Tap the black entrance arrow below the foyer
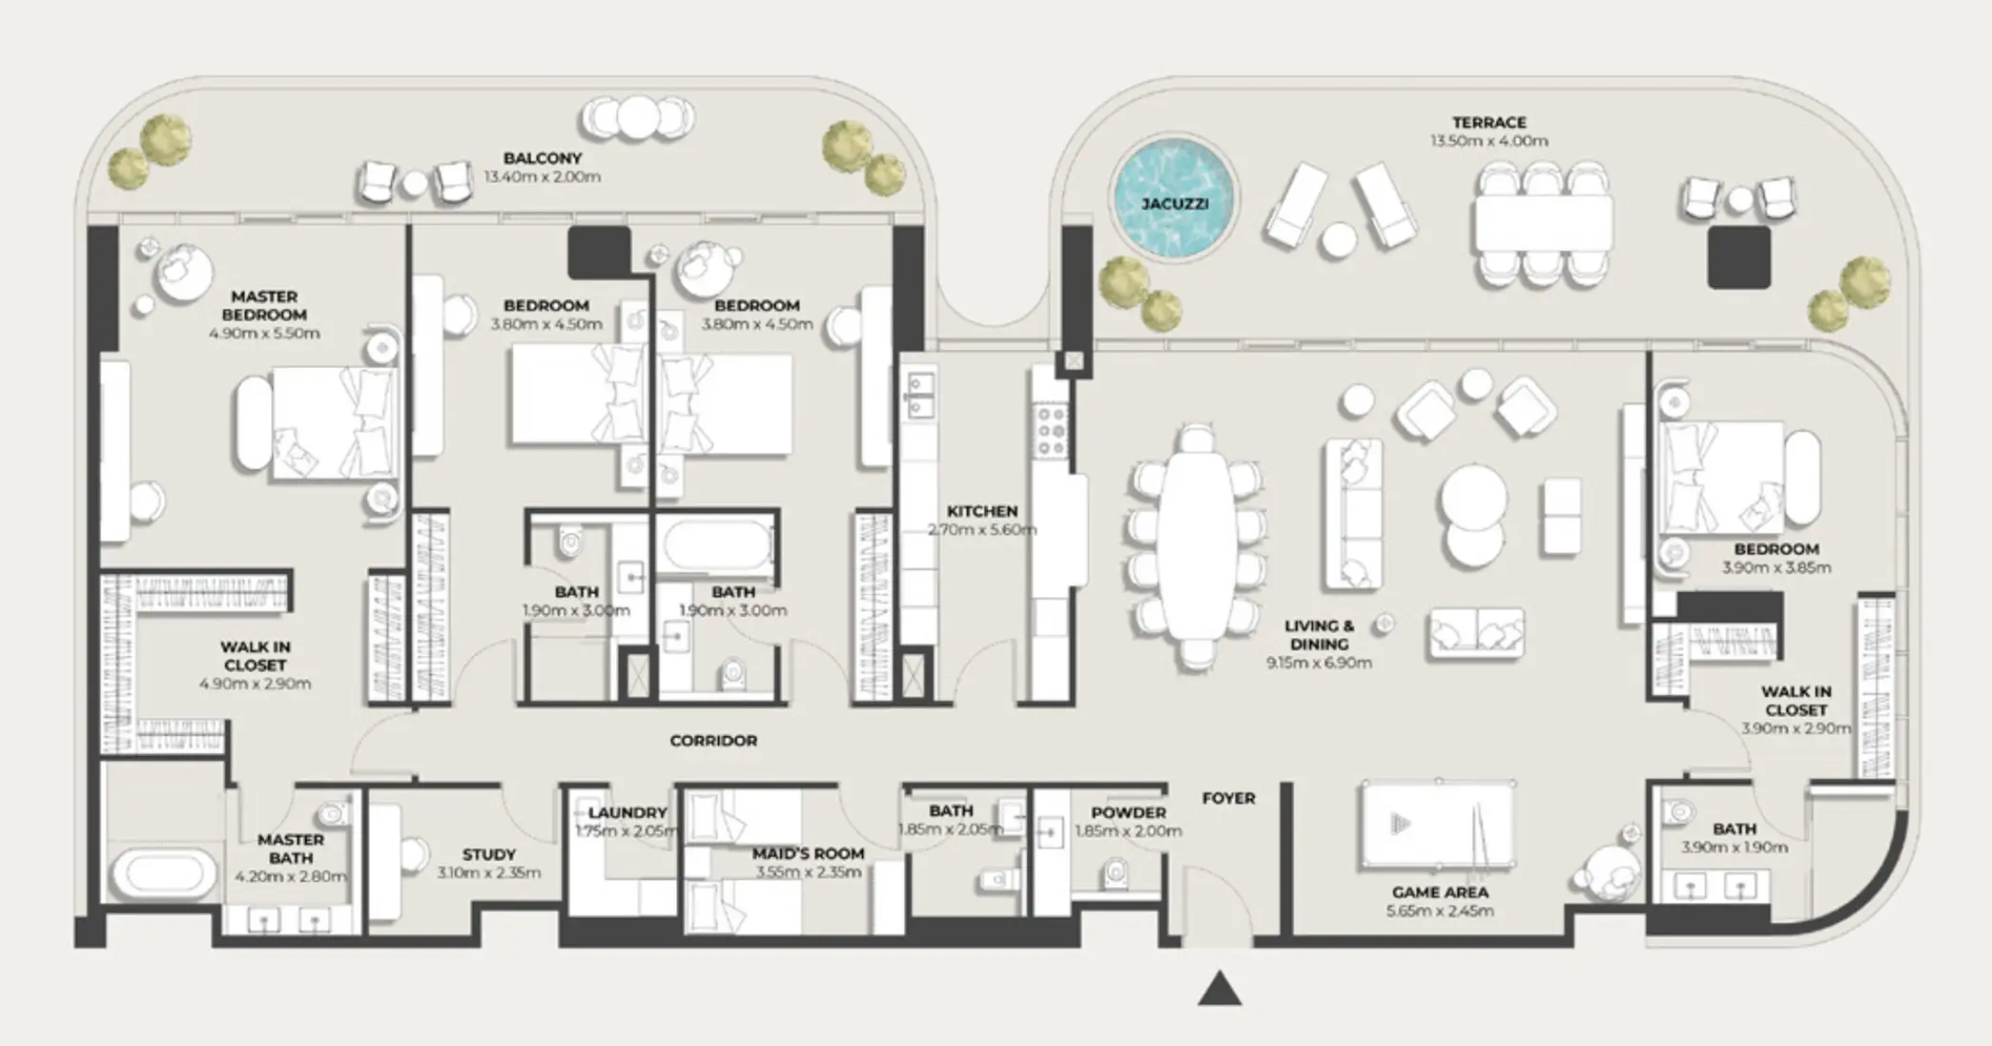coord(1220,989)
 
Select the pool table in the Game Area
coord(1438,824)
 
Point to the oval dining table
coord(1197,546)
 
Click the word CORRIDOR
coord(713,741)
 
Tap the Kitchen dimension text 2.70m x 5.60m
coord(982,530)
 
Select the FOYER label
coord(1228,798)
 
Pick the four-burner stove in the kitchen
coord(1051,431)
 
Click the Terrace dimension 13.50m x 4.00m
coord(1489,141)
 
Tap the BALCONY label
coord(542,158)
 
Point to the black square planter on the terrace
coord(1739,257)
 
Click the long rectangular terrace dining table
coord(1543,224)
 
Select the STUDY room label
coord(489,855)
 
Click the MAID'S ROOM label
coord(808,854)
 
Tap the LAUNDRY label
coord(628,813)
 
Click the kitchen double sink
coord(920,395)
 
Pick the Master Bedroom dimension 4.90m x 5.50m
coord(264,334)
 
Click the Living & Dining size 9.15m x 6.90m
coord(1319,663)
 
